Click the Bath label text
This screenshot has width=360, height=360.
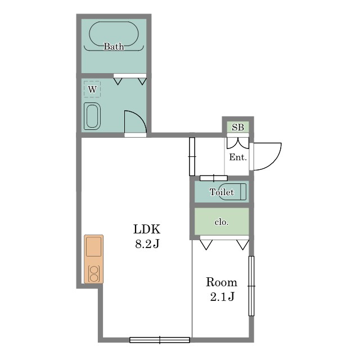[x=114, y=46]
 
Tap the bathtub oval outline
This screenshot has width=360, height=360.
[x=114, y=22]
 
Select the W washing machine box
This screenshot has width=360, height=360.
[x=92, y=89]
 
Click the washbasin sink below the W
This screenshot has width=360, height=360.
[x=92, y=116]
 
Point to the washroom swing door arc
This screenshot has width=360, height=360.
[x=140, y=117]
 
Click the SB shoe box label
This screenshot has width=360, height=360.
[x=237, y=127]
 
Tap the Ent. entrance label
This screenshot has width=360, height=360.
[x=238, y=157]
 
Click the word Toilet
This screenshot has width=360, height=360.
[x=222, y=192]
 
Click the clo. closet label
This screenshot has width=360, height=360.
[x=222, y=222]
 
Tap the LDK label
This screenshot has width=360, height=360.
[x=147, y=229]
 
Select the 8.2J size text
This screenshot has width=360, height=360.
[x=147, y=244]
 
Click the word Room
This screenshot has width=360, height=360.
[x=222, y=282]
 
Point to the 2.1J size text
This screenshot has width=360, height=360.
[x=222, y=296]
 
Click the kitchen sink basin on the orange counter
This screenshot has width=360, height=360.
[x=93, y=246]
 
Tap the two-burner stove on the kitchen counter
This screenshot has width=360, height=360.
[x=93, y=273]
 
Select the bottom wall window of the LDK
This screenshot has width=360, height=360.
[x=160, y=340]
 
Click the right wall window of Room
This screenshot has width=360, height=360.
[x=251, y=286]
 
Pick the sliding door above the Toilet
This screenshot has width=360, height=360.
[x=214, y=178]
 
